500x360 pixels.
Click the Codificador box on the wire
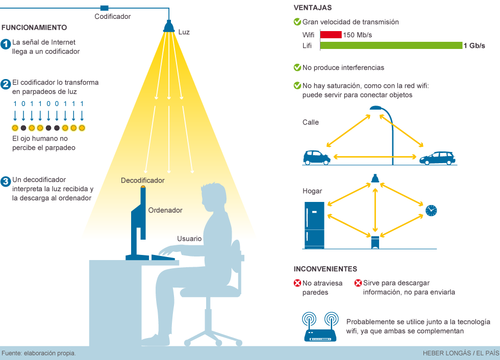[x=105, y=8]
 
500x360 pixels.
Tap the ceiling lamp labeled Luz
[x=169, y=27]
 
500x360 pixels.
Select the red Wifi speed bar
[x=331, y=35]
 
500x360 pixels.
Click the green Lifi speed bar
[x=391, y=45]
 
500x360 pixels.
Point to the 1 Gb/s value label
[x=474, y=45]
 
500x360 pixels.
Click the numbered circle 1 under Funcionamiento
[x=6, y=44]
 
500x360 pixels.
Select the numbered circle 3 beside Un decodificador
[x=6, y=181]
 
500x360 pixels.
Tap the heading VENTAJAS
[x=313, y=8]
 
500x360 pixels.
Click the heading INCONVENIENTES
[x=325, y=269]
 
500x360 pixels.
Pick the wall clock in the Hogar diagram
[x=431, y=210]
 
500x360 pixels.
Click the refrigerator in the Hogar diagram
[x=315, y=225]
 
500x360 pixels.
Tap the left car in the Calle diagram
[x=316, y=157]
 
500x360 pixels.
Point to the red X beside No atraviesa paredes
[x=297, y=283]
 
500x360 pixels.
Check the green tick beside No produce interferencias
[x=297, y=67]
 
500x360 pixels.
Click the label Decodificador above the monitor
[x=143, y=181]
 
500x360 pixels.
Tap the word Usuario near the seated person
[x=189, y=239]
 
